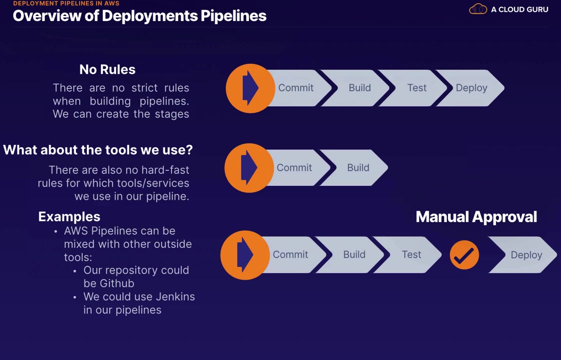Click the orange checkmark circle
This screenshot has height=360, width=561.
point(464,255)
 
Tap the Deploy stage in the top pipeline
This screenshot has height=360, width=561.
point(471,88)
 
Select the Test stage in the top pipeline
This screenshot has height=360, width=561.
point(416,88)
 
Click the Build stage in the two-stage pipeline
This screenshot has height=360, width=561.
point(358,168)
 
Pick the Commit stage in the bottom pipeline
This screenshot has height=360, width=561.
point(290,254)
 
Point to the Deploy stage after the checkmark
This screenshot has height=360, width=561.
point(526,255)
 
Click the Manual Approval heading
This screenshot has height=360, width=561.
point(476,217)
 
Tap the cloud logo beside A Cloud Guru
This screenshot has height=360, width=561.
point(478,9)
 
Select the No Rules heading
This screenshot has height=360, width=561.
point(107,69)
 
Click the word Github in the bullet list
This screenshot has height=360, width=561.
point(117,283)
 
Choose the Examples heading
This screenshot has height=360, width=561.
point(69,216)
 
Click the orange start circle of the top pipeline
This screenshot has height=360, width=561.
point(250,88)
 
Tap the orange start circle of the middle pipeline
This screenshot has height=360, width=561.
point(248,168)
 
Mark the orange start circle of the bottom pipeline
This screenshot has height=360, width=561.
point(244,255)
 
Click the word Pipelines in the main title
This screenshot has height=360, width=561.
point(233,16)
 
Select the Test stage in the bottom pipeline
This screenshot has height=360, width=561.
point(411,254)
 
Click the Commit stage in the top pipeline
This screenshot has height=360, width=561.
point(295,88)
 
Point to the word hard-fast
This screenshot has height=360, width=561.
point(163,170)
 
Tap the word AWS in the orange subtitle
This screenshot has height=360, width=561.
point(111,3)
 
